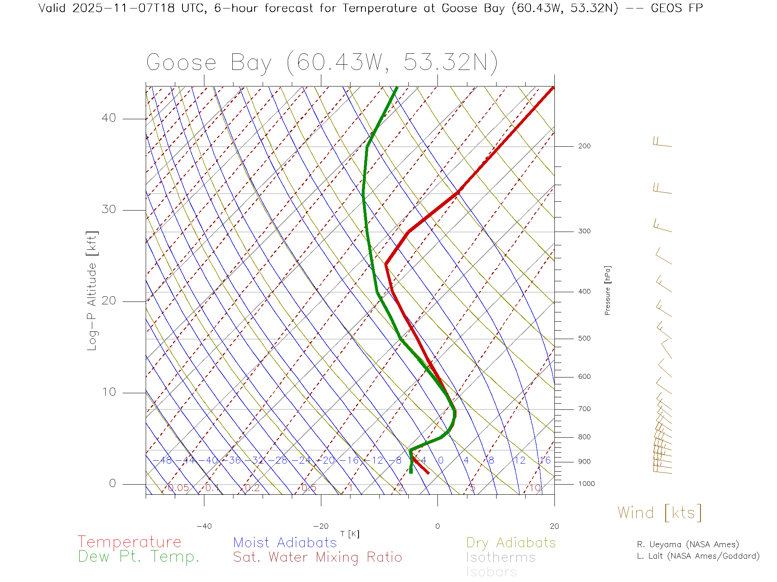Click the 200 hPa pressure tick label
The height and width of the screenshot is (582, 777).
[584, 146]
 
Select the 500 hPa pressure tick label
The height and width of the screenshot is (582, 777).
[584, 338]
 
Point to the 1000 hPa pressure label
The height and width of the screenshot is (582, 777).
[586, 484]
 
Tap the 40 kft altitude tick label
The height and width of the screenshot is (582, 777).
[108, 118]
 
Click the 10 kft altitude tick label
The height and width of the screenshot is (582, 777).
[108, 392]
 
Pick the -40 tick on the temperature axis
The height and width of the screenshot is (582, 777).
[204, 526]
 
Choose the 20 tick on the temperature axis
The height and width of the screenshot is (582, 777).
[554, 526]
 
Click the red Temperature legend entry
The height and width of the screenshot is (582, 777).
[129, 542]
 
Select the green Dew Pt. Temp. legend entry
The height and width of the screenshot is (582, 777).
[139, 557]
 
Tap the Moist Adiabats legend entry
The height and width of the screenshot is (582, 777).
[285, 542]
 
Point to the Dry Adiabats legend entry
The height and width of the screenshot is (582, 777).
[511, 542]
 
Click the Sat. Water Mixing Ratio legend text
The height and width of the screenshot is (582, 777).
[317, 557]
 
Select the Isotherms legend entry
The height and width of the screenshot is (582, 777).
[501, 557]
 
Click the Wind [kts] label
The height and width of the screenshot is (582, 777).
[660, 513]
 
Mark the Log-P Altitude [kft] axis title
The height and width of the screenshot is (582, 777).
[92, 291]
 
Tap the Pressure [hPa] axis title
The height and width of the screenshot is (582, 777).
[607, 290]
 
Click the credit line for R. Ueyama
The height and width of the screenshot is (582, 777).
[688, 544]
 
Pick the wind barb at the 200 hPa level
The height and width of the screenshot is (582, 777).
[662, 142]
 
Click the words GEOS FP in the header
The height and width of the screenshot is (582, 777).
[677, 8]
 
